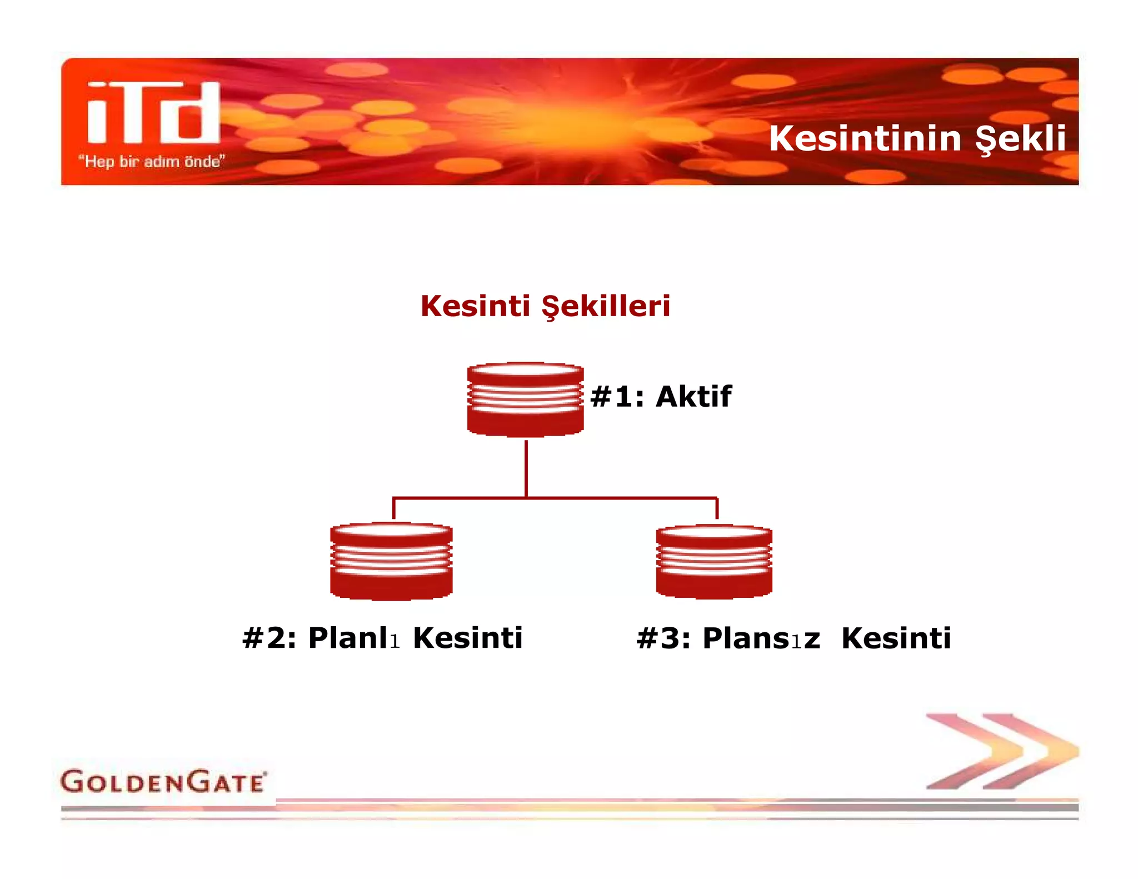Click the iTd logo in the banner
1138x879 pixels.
click(154, 113)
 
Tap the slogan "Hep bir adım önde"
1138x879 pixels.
click(151, 162)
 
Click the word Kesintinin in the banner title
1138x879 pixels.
click(865, 138)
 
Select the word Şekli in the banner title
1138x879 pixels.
click(1021, 138)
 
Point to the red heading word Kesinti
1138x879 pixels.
click(475, 306)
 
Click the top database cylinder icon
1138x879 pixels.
click(525, 399)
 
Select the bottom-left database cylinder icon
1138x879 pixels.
click(391, 561)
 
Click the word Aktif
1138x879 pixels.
click(693, 397)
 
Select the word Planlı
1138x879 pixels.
click(354, 638)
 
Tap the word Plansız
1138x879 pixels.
click(761, 638)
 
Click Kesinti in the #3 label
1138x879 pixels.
click(896, 638)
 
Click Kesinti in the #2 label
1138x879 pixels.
click(468, 638)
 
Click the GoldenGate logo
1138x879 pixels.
click(163, 782)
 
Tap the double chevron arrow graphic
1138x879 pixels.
click(1002, 751)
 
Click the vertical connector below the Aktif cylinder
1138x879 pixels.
click(526, 468)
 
